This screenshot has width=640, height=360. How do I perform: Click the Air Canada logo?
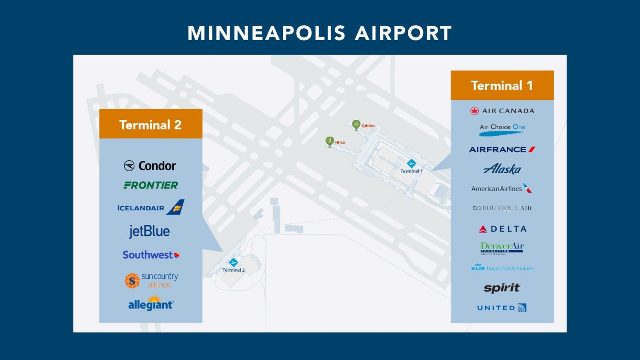coord(502,111)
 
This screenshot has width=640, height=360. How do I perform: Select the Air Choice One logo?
coord(502,129)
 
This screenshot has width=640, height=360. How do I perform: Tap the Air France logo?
coord(502,149)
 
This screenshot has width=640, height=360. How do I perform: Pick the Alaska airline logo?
coord(502,169)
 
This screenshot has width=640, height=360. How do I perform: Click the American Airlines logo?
coord(501,189)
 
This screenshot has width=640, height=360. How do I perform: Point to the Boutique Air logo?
coord(502,208)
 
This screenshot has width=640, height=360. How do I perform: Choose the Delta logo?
coord(502,229)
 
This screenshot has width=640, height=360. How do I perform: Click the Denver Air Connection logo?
coord(502,247)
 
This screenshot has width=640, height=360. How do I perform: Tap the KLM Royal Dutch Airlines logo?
coord(502,268)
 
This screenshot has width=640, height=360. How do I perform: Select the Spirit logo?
coord(502,288)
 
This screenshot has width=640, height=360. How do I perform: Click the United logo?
coord(502,308)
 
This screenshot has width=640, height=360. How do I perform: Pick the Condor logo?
coord(150,165)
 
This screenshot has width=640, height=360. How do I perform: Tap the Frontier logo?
coord(151,185)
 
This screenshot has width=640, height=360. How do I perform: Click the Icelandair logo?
coord(151,208)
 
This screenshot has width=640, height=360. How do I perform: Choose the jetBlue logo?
coord(149,231)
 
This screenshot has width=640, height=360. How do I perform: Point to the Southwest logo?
coord(151,255)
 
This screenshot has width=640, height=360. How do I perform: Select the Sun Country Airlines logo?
coord(151,280)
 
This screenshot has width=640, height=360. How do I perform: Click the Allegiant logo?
coord(151,304)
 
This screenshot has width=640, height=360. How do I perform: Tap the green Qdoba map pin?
coord(356,124)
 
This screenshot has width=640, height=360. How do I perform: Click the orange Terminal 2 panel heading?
coord(151,124)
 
